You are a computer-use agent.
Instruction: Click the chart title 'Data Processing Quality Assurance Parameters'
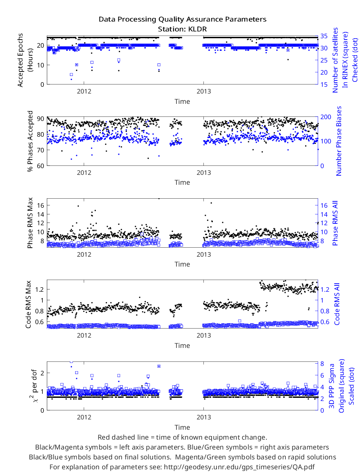point(182,19)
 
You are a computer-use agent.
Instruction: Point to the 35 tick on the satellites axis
point(324,36)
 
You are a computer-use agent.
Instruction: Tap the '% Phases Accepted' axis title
point(30,141)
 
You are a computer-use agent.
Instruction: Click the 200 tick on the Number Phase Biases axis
point(325,117)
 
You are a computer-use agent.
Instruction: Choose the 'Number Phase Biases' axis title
point(339,141)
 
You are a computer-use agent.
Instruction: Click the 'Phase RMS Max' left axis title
point(30,223)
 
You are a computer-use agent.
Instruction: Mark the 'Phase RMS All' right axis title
point(335,223)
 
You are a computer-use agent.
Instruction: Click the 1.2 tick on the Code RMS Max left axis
point(40,289)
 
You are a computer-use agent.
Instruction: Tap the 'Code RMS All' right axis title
point(337,304)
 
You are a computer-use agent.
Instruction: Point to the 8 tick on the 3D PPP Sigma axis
point(322,364)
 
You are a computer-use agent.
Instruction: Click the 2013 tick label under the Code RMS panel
point(204,336)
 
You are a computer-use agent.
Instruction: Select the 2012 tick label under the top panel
point(84,92)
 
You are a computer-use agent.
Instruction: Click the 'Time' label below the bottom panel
point(182,427)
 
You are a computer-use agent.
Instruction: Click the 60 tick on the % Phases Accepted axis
point(40,166)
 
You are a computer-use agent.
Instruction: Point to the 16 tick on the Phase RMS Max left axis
point(40,205)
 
